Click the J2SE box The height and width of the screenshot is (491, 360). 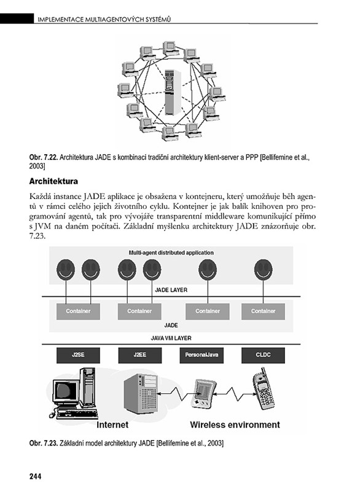point(78,355)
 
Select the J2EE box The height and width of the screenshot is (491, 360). point(139,355)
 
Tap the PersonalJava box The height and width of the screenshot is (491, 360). point(202,355)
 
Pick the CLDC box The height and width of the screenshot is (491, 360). point(263,355)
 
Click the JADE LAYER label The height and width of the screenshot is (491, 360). point(171,290)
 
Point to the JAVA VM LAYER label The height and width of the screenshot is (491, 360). point(171,338)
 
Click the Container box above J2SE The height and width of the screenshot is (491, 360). point(78,312)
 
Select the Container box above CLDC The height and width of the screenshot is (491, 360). point(263,312)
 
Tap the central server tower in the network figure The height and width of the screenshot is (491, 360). point(173,92)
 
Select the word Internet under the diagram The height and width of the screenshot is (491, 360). point(112,425)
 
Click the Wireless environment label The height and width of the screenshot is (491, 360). point(235,425)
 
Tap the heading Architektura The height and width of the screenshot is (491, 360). point(53,181)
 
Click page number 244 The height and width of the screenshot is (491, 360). point(35,476)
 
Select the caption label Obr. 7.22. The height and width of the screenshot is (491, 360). point(44,157)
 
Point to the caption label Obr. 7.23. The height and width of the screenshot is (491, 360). point(44,443)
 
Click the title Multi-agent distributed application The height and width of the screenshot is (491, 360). point(171,253)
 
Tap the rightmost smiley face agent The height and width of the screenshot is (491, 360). point(263,270)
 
